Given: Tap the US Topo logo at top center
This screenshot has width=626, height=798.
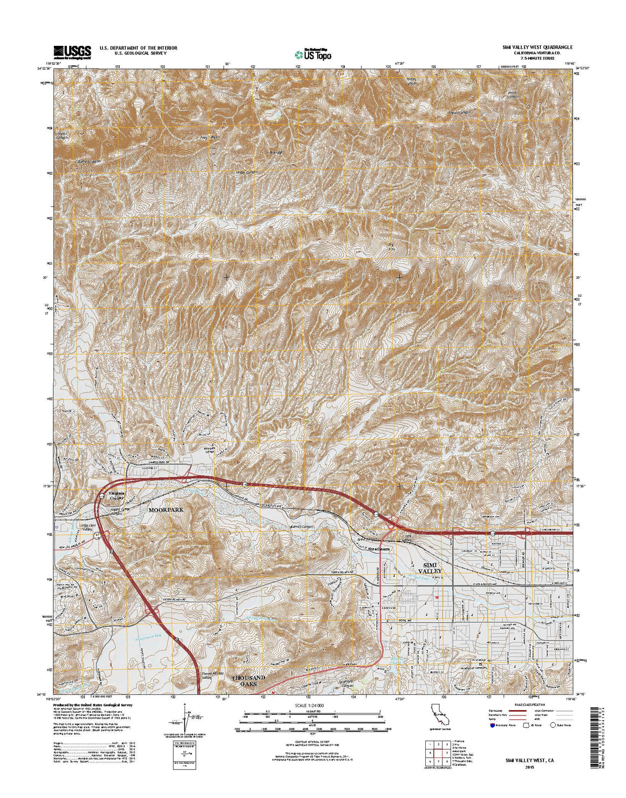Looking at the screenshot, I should pos(313,53).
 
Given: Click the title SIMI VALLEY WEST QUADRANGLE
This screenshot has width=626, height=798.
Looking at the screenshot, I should pos(534,47).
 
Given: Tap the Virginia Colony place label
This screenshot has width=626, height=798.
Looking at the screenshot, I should pos(116,495).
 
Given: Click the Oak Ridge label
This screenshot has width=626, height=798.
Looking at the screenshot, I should pos(275,152).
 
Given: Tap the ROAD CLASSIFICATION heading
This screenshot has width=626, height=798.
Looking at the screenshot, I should pos(525,705).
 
